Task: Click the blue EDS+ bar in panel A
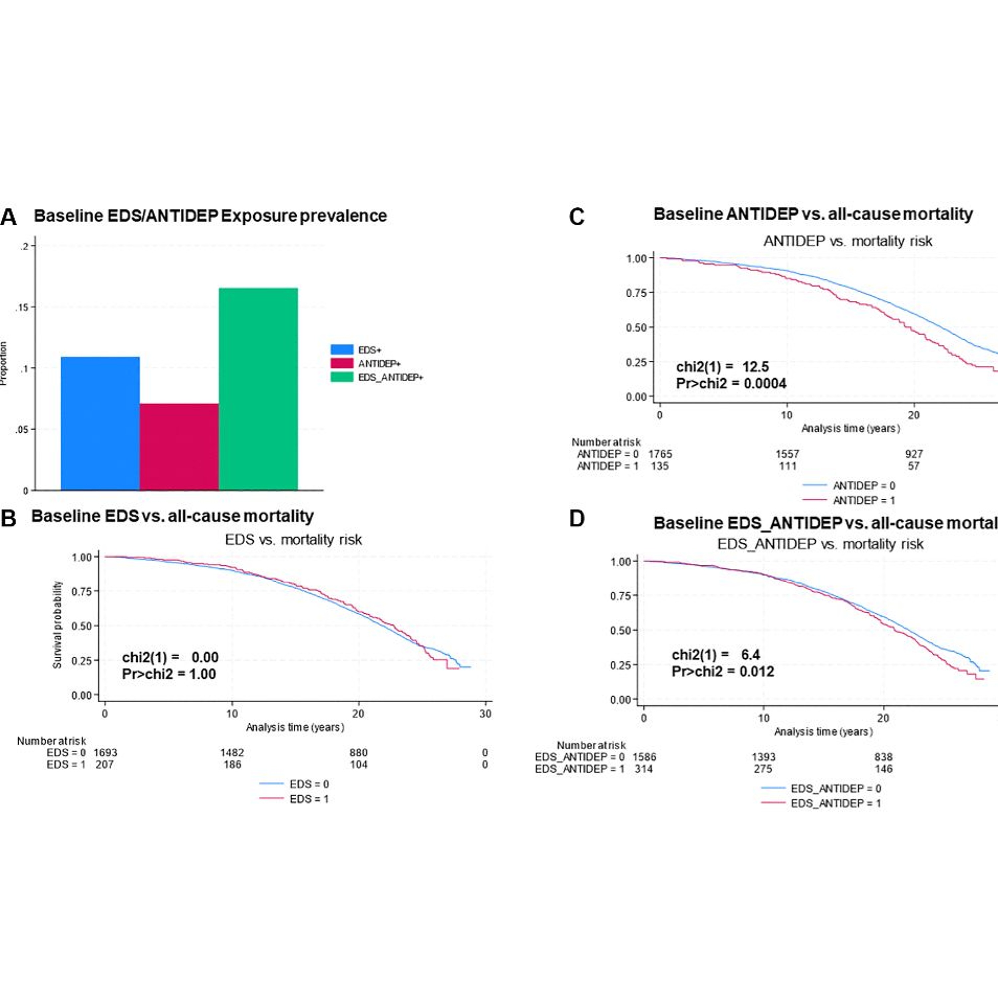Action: point(100,423)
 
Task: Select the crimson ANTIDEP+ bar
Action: point(179,446)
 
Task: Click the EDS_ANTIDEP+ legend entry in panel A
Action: point(390,377)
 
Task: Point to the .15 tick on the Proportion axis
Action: point(22,307)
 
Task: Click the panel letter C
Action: point(577,217)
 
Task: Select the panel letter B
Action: point(9,518)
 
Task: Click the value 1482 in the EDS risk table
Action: point(232,752)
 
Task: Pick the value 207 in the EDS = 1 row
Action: point(105,764)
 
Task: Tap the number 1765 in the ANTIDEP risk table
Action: point(660,454)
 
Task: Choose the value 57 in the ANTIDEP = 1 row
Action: point(914,466)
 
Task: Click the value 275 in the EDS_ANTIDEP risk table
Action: point(763,769)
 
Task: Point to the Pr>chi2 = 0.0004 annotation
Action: point(731,383)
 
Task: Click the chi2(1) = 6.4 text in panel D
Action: point(716,655)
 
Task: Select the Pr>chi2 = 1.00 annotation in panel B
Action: point(169,674)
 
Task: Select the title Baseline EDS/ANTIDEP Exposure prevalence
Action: point(210,216)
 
